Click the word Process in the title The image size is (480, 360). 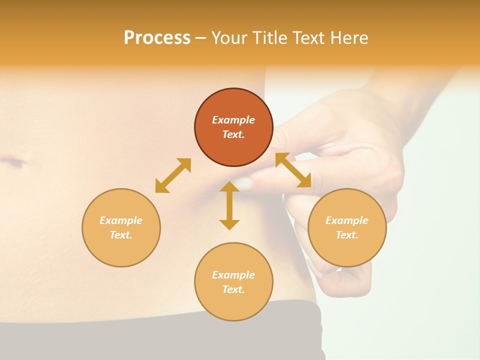[157, 38]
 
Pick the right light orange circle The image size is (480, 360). [347, 247]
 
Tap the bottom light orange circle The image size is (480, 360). [233, 302]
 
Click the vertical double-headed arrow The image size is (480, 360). [229, 205]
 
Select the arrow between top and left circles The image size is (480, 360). [173, 175]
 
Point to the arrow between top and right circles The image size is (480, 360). [293, 170]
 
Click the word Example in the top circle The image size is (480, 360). [233, 120]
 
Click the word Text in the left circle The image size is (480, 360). [121, 235]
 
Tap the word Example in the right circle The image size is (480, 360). [347, 220]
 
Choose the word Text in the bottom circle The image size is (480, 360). [233, 289]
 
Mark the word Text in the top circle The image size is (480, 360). [233, 134]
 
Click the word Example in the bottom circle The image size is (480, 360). [233, 275]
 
